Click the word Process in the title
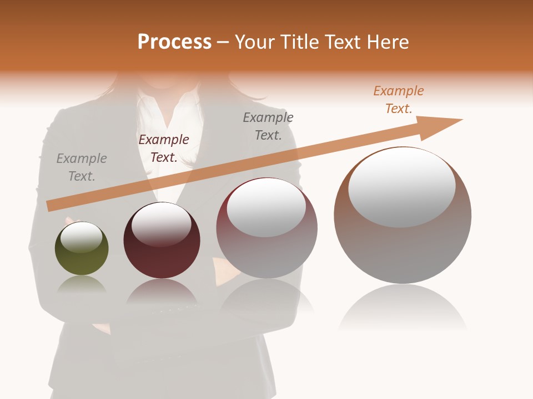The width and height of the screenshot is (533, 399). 174,42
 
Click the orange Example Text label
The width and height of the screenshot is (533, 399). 398,100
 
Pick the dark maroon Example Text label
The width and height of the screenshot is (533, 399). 164,149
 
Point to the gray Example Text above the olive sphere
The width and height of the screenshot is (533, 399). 82,167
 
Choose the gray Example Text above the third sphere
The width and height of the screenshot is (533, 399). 268,126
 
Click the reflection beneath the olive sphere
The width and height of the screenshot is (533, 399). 82,285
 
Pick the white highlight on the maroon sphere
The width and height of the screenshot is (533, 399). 162,224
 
